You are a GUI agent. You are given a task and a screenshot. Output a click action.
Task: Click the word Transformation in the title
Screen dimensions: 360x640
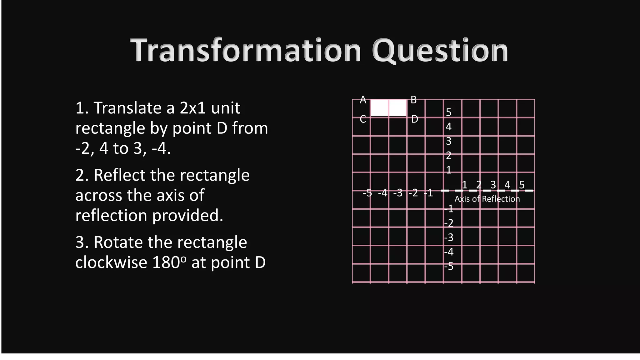point(246,51)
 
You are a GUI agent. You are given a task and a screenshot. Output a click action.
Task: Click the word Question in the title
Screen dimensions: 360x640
point(440,51)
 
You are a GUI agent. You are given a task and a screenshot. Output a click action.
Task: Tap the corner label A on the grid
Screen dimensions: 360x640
point(363,100)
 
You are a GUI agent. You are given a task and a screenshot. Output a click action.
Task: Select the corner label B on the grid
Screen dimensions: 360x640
point(413,100)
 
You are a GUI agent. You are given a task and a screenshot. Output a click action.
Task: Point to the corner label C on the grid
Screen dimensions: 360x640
point(363,119)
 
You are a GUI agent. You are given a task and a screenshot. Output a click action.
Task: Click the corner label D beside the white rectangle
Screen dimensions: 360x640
point(414,119)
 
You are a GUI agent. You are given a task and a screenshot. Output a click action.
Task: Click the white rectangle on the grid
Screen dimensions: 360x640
point(388,108)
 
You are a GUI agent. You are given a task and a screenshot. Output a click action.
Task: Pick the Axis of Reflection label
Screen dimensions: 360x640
point(487,199)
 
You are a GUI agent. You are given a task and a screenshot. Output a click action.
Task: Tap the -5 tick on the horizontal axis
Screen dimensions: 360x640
point(367,193)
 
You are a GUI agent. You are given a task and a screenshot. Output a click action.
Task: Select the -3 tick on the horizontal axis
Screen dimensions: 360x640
point(398,193)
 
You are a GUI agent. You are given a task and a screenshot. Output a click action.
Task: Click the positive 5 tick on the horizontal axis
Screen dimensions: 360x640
point(522,185)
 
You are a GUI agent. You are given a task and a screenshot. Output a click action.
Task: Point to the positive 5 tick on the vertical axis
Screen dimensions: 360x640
point(449,112)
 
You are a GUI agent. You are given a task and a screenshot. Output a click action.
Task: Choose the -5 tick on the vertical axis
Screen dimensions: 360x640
point(449,266)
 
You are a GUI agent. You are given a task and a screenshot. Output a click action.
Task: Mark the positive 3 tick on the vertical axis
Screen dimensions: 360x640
point(449,141)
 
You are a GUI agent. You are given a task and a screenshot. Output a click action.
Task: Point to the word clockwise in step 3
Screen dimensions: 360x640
point(111,262)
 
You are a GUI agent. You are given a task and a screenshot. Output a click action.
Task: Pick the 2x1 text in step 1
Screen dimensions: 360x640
point(192,108)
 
